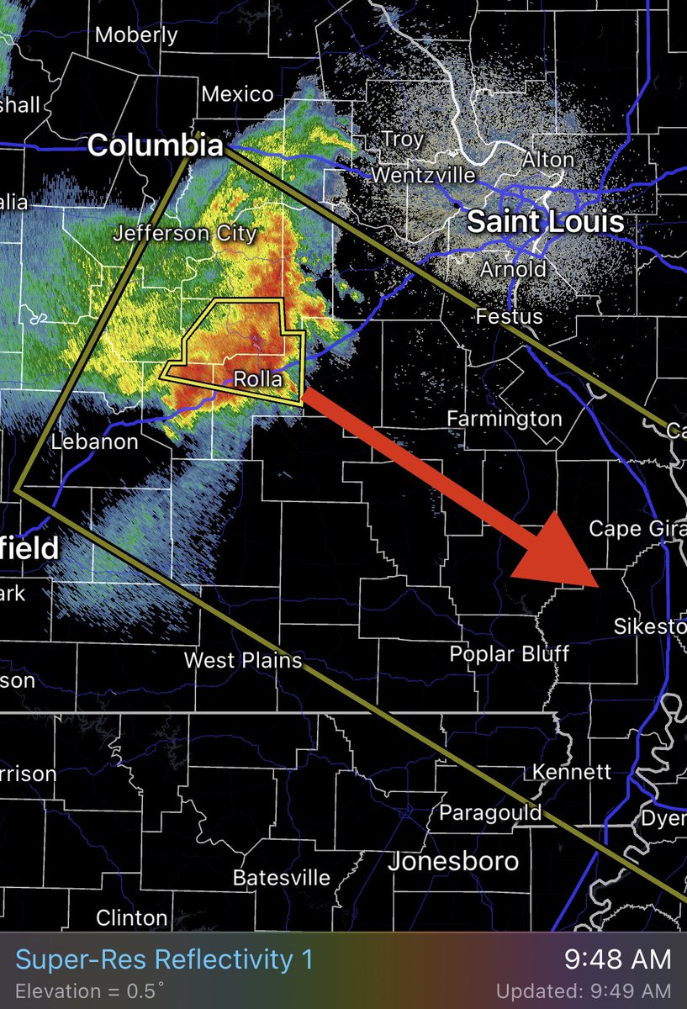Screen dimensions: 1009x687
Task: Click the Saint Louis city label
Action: point(545,222)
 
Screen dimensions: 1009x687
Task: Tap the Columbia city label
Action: point(155,146)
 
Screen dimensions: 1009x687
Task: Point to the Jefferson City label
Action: point(185,232)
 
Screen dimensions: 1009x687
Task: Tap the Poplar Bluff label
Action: point(509,653)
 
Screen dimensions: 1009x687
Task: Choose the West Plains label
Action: point(242,660)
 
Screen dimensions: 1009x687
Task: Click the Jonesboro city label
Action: point(453,862)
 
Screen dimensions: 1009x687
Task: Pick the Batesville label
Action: point(281,878)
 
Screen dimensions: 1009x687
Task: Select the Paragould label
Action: point(478,812)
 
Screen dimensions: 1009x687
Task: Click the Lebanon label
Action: point(94,441)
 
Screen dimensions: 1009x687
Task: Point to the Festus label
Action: point(509,317)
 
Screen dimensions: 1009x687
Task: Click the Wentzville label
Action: point(423,176)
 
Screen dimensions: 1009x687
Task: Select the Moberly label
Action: point(136,35)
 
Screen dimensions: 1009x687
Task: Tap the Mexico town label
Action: point(238,94)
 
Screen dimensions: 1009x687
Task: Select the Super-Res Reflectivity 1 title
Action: point(164,959)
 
